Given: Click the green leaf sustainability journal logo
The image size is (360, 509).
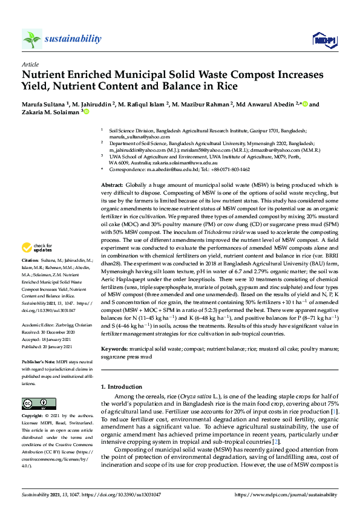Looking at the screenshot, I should [x=31, y=39].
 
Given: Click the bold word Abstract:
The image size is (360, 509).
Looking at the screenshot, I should [x=113, y=184].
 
